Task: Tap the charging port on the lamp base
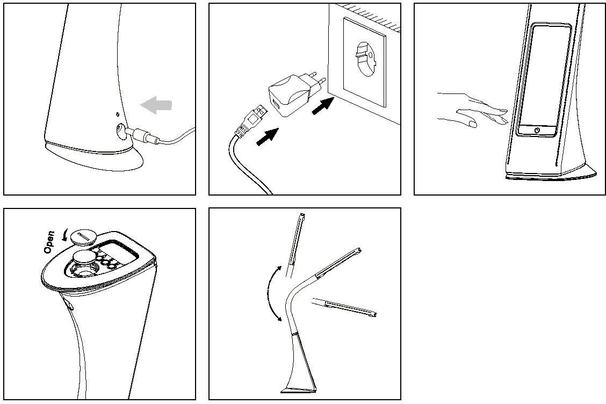click(x=120, y=132)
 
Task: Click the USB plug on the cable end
click(x=251, y=120)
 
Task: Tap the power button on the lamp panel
click(x=537, y=131)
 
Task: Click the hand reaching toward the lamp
click(x=472, y=110)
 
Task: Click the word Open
click(x=49, y=242)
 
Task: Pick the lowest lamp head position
click(x=344, y=307)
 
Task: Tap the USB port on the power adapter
click(x=276, y=104)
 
